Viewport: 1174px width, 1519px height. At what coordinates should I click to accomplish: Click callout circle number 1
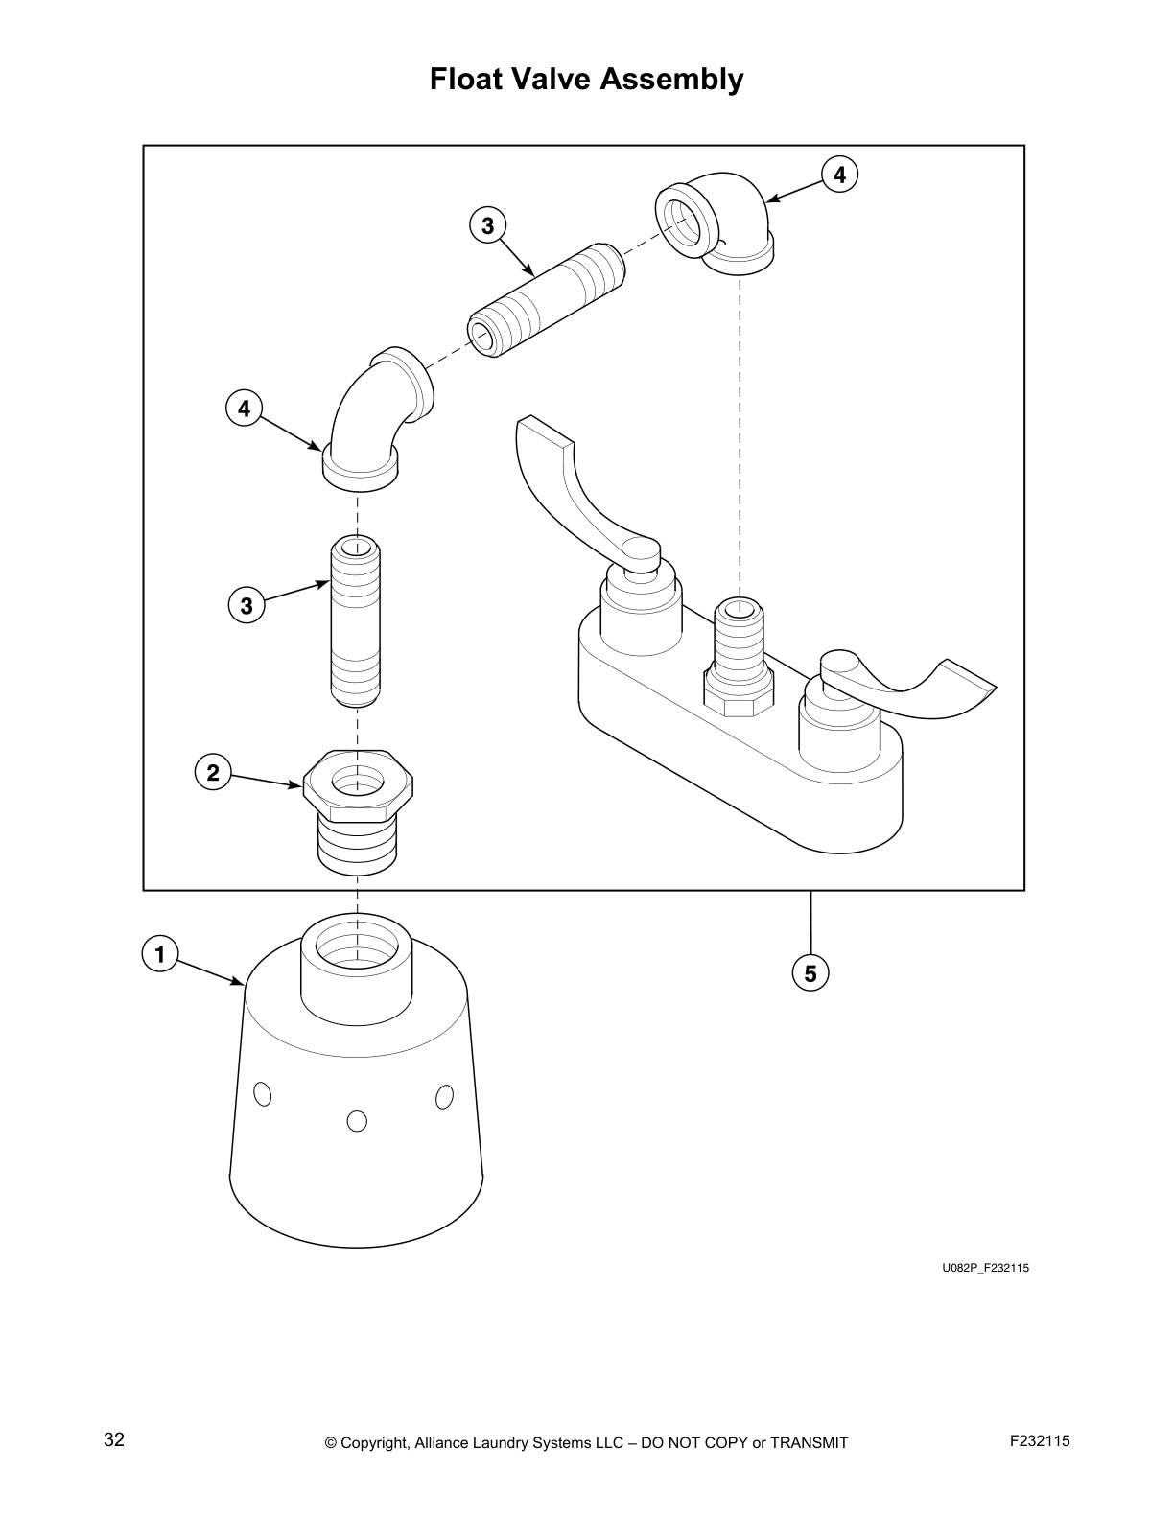(x=159, y=955)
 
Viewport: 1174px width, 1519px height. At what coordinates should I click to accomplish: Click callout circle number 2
(x=213, y=772)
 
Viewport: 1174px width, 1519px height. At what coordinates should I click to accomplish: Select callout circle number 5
(x=810, y=973)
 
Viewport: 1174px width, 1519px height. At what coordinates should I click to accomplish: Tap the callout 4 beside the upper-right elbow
(x=839, y=175)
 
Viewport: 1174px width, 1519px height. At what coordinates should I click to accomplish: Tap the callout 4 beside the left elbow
(x=244, y=409)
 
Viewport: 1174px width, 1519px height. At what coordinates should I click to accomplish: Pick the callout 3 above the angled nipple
(x=487, y=226)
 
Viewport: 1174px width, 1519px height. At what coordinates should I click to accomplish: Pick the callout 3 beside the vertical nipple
(x=247, y=606)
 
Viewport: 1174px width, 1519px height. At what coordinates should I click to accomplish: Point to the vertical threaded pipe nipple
(x=356, y=623)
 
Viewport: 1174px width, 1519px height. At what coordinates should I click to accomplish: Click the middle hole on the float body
(x=357, y=1120)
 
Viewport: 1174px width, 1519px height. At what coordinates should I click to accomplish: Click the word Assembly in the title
(x=671, y=79)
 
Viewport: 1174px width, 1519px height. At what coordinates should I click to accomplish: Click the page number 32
(x=114, y=1440)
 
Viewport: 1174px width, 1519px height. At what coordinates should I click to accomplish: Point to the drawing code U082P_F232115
(x=985, y=1268)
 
